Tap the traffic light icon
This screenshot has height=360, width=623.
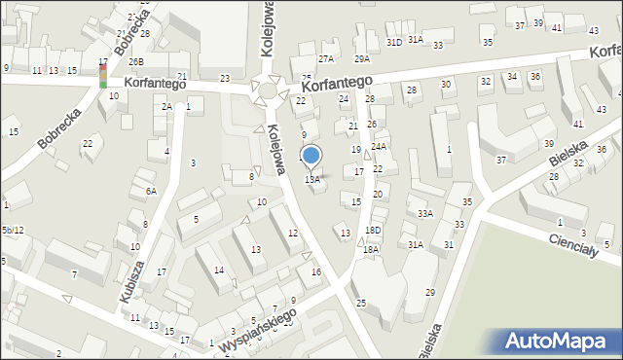point(103,73)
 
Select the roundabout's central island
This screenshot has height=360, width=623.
point(268,91)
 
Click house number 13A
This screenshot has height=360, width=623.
point(312,179)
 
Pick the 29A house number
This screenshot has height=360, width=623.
point(361,58)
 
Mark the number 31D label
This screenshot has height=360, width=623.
point(393,42)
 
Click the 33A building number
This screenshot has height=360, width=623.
point(424,213)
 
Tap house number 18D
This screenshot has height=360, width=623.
point(373,230)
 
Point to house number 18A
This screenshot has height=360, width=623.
point(371,249)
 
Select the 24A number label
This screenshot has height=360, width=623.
point(379,147)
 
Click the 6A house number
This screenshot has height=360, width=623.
point(151,192)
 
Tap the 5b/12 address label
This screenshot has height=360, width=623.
point(12,230)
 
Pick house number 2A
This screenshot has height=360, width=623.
point(166,106)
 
